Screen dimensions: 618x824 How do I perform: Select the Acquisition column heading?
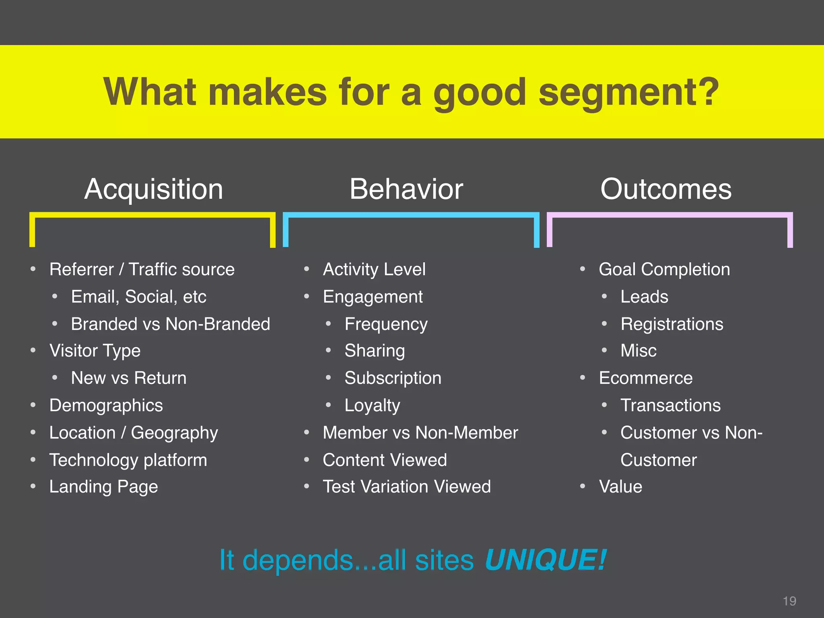pyautogui.click(x=154, y=189)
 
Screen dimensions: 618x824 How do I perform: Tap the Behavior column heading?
pyautogui.click(x=406, y=189)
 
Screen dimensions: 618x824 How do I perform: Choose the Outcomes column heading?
pyautogui.click(x=666, y=189)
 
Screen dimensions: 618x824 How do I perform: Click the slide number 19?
pyautogui.click(x=789, y=601)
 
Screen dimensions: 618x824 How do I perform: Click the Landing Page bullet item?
pyautogui.click(x=103, y=487)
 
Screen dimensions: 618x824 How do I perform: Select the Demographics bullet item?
pyautogui.click(x=106, y=405)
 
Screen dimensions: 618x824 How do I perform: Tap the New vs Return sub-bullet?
pyautogui.click(x=129, y=378)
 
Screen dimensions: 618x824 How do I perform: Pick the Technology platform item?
pyautogui.click(x=128, y=460)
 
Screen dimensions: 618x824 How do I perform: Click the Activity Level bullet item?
pyautogui.click(x=374, y=269)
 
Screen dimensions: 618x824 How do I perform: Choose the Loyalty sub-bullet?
pyautogui.click(x=372, y=405)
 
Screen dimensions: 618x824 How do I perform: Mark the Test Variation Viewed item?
pyautogui.click(x=407, y=487)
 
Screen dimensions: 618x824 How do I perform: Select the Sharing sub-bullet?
pyautogui.click(x=375, y=351)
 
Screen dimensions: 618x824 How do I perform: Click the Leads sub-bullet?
pyautogui.click(x=644, y=297)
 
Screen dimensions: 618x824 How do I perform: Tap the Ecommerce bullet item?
pyautogui.click(x=646, y=378)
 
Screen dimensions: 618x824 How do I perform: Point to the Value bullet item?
pyautogui.click(x=620, y=487)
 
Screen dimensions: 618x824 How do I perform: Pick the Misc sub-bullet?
pyautogui.click(x=639, y=351)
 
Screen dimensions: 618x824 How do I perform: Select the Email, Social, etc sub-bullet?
pyautogui.click(x=138, y=297)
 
